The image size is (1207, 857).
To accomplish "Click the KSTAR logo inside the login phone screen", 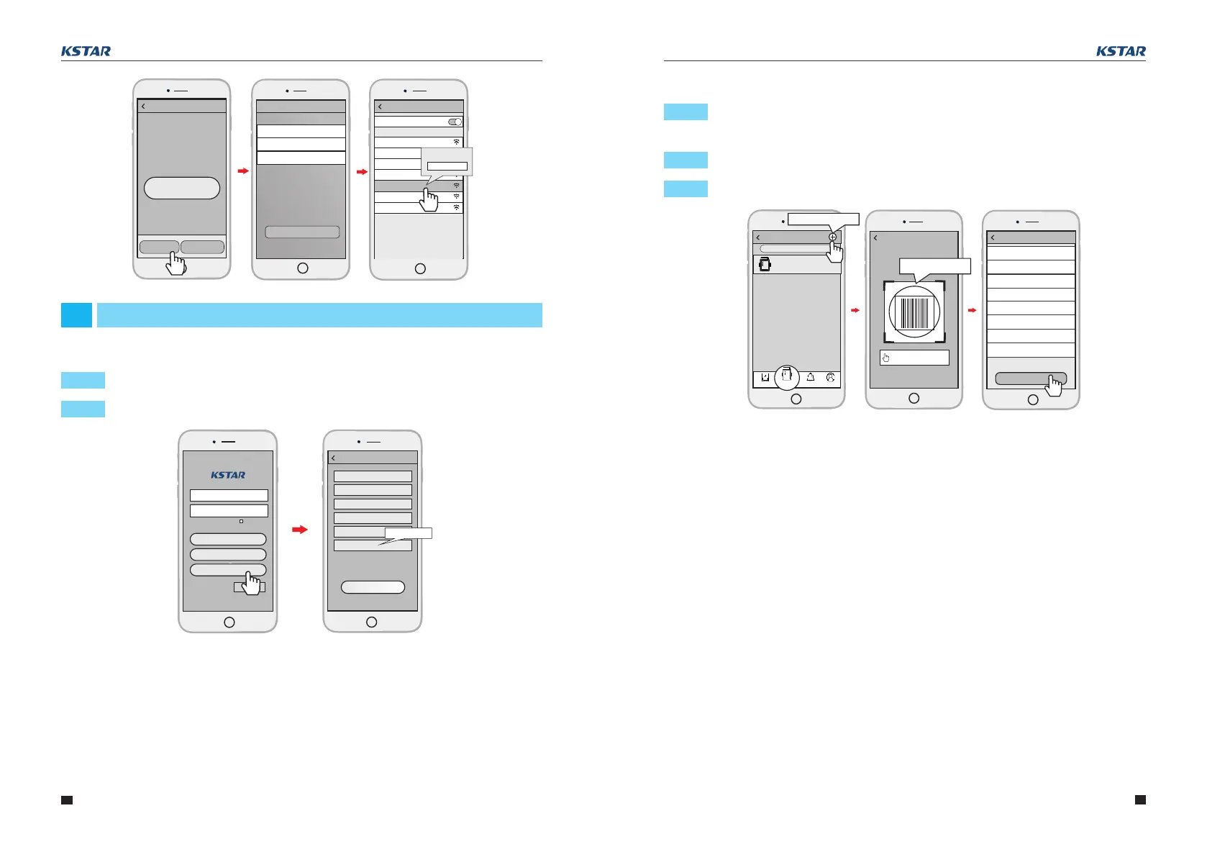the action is pos(228,475).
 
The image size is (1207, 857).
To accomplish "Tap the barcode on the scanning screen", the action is pos(914,313).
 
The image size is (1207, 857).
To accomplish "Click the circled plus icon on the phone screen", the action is pos(832,237).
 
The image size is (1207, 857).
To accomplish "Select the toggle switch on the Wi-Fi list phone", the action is pos(455,122).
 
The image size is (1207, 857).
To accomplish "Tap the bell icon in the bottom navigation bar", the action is pos(811,377).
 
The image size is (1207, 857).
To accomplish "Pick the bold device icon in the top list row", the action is pos(764,265).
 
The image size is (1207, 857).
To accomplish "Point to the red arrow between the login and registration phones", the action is pos(300,530).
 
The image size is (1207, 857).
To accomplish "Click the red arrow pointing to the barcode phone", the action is pos(855,310).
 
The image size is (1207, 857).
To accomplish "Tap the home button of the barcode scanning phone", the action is pos(914,398).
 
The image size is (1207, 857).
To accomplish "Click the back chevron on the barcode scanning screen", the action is pos(875,237).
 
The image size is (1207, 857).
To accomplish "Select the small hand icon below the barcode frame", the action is pos(885,358).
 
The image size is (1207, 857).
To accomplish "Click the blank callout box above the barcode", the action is pos(935,266).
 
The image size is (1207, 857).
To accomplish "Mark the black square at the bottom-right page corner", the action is pos(1140,799).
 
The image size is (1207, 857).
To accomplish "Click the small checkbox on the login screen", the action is pos(241,520).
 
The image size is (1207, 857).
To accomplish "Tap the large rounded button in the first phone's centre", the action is pos(182,188).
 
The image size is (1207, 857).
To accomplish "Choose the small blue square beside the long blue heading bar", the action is pos(76,315).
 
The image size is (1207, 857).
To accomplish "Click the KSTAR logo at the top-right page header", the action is pos(1121,51).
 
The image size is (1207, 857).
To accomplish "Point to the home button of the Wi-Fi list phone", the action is pos(420,268).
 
